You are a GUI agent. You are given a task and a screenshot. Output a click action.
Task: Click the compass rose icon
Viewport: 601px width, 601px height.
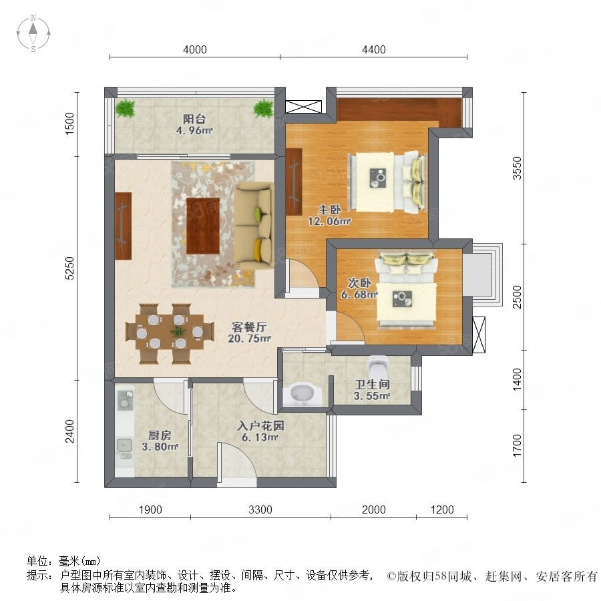coord(33,33)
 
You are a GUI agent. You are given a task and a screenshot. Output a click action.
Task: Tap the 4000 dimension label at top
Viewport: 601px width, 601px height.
coord(195,49)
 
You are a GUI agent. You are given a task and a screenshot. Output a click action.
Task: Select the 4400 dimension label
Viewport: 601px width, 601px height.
coord(374,49)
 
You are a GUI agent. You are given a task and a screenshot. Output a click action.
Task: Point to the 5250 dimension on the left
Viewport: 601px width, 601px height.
coord(69,268)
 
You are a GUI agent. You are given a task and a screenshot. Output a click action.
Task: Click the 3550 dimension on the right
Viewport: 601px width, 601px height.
coord(517,168)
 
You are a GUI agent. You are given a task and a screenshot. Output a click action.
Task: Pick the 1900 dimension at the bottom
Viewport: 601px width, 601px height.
coord(150,510)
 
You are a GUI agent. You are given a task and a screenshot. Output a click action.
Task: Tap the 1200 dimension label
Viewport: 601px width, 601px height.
coord(442,510)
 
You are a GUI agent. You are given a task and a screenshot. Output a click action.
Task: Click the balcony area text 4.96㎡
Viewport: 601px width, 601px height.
coord(194,130)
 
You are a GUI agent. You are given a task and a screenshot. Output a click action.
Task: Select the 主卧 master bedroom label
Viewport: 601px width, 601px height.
coord(329,209)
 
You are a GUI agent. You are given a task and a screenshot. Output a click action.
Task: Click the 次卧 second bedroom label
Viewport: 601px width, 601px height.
coord(359,283)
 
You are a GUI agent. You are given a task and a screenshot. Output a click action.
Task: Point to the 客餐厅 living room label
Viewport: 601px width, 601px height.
coord(249,327)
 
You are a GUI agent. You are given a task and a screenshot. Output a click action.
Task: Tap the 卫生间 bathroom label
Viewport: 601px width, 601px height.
coord(372,384)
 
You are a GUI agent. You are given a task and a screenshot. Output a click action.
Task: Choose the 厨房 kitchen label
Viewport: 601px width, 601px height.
coord(160,435)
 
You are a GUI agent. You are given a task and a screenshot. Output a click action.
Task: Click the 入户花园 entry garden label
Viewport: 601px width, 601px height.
coord(260,425)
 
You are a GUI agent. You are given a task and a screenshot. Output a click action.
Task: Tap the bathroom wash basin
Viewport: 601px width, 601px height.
coord(302,393)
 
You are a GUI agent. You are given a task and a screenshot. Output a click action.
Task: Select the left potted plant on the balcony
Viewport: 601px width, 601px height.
coord(126,108)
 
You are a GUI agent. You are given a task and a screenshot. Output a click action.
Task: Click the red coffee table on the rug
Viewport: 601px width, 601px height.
coord(203,226)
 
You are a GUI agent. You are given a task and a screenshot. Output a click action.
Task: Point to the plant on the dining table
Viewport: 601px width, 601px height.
coord(178,332)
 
